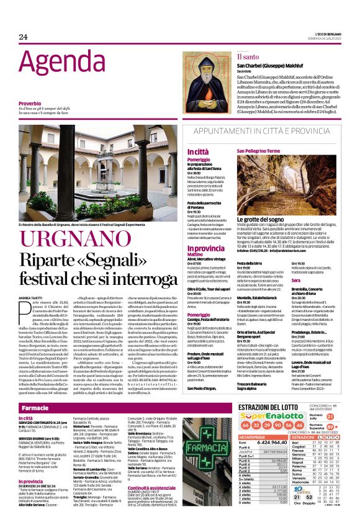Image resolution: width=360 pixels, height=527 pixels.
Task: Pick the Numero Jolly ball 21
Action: tap(330, 417)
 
